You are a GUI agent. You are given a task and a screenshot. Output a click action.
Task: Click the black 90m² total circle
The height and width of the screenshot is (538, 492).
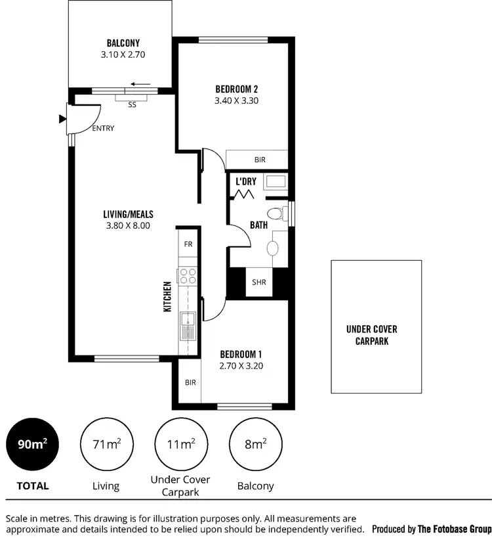point(32,445)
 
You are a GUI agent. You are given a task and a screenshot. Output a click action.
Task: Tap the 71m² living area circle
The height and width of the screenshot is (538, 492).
point(106,445)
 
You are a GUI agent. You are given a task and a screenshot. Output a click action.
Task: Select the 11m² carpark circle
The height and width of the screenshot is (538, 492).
point(180,445)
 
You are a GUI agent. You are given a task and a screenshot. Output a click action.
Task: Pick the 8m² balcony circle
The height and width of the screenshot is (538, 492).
point(255,445)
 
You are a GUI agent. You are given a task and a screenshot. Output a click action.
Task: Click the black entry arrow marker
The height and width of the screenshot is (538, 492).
point(62,118)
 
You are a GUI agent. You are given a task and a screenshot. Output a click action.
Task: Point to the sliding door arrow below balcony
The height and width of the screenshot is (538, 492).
point(140,84)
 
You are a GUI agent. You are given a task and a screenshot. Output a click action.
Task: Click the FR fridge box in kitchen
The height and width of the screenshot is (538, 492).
point(188,244)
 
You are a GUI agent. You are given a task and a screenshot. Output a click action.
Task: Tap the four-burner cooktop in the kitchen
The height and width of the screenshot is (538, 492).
point(188,276)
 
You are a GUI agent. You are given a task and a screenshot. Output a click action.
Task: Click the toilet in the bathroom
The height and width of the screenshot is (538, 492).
point(276,213)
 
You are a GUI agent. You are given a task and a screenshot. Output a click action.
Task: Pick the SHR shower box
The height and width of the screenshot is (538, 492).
point(258,283)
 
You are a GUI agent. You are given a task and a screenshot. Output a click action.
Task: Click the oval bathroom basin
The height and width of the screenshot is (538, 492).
point(273,248)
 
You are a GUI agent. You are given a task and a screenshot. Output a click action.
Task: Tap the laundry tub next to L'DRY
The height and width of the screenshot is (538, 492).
point(276,181)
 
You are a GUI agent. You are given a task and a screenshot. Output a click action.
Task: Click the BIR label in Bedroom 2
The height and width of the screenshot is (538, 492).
point(260,160)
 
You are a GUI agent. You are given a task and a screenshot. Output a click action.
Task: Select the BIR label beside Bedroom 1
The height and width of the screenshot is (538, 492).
point(190,382)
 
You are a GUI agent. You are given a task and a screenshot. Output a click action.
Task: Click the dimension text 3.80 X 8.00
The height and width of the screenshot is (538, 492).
point(128,225)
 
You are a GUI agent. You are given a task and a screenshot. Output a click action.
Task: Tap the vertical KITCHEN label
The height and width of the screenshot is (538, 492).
point(167,296)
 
